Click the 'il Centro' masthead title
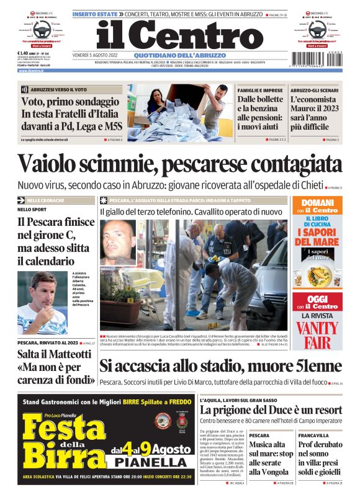(x=179, y=34)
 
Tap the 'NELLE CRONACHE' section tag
(x=44, y=200)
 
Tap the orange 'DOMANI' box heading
(x=317, y=203)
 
